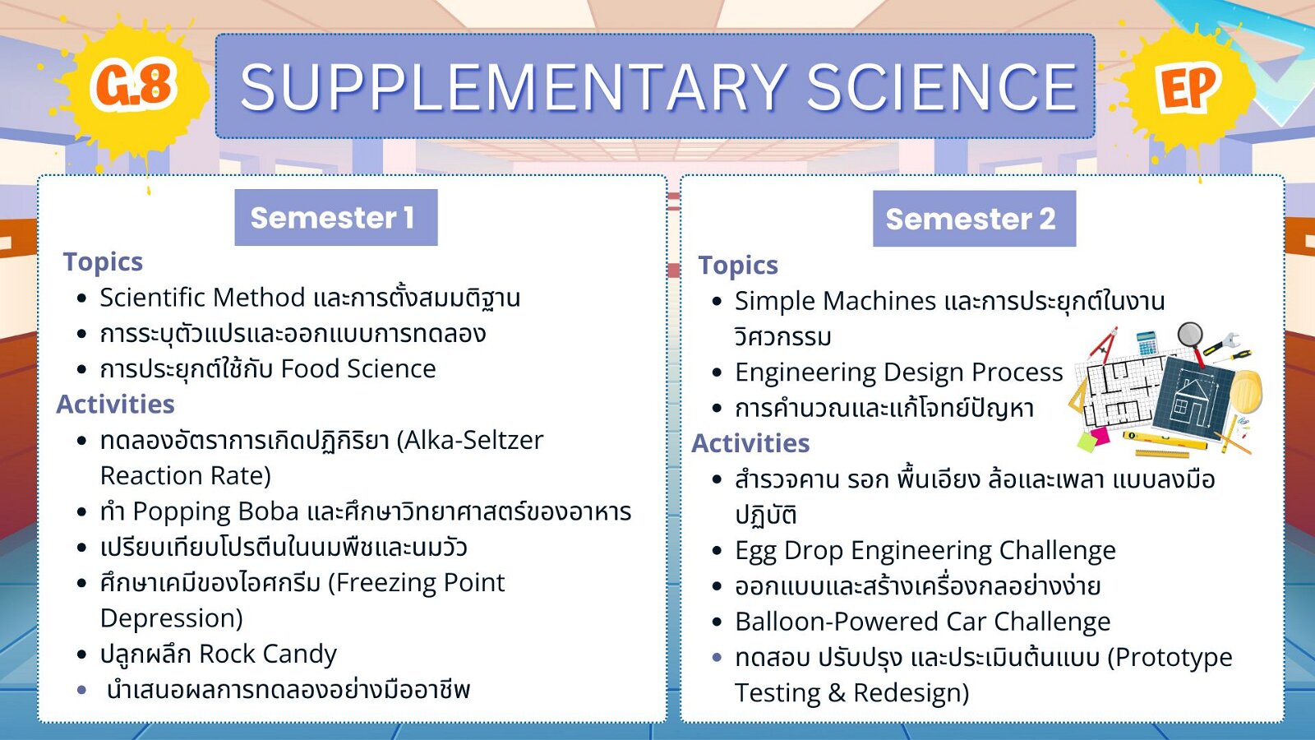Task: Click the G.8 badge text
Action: (x=133, y=86)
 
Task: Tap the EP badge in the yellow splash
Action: (x=1189, y=88)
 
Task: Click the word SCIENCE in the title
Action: (x=942, y=87)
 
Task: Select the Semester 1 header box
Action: (x=336, y=217)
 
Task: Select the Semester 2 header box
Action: (x=975, y=219)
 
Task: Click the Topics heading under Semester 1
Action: (x=103, y=262)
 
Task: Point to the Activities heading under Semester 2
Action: (x=751, y=443)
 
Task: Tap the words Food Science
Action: (x=358, y=369)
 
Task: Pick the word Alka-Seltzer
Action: (x=469, y=441)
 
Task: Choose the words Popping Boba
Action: (x=216, y=512)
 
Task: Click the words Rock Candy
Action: (x=268, y=654)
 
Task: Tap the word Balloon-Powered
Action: (x=836, y=622)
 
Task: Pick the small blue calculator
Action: (x=1147, y=344)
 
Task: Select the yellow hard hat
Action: (x=1246, y=390)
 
